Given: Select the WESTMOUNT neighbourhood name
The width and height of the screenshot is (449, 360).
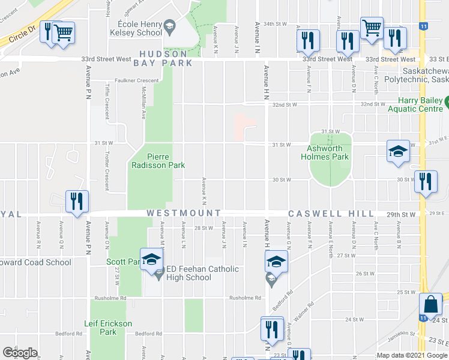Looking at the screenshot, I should point(184,214).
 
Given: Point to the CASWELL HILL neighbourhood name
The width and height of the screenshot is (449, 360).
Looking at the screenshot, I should point(331,214).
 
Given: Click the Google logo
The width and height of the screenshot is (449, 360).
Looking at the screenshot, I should point(20,353).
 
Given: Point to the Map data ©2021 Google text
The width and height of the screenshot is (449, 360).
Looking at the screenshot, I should point(411,355).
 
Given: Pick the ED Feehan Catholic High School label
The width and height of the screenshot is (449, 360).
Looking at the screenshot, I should point(190,273).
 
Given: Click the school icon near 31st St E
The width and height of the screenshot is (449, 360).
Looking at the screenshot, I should point(398,152).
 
